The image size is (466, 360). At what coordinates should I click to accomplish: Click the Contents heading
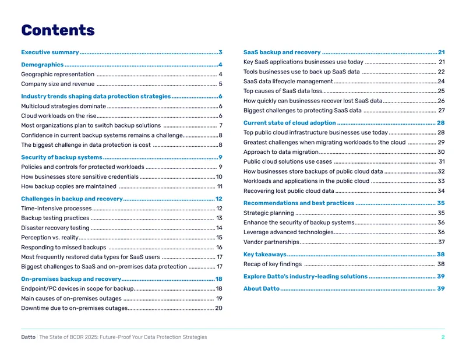[58, 30]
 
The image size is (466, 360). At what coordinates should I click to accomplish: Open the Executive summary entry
[50, 52]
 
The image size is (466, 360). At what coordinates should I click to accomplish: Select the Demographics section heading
[42, 65]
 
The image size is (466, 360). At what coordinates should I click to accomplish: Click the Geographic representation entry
[58, 75]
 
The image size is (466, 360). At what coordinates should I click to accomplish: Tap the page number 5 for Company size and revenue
[221, 84]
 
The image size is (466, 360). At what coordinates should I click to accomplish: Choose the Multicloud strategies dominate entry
[63, 106]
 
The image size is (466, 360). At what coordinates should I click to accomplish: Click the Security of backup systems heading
[62, 157]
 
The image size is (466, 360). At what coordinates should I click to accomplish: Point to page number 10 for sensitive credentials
[219, 177]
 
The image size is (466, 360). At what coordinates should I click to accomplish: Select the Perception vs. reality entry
[50, 238]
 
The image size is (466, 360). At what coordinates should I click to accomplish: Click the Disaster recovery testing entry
[55, 228]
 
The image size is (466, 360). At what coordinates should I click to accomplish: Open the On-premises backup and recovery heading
[71, 279]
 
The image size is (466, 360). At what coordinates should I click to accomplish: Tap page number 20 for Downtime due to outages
[219, 308]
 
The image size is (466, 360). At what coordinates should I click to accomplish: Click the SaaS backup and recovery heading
[282, 52]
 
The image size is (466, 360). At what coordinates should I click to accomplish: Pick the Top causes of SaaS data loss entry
[283, 91]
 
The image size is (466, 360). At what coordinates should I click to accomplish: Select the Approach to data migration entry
[281, 152]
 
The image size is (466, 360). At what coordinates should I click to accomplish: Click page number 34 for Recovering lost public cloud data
[441, 191]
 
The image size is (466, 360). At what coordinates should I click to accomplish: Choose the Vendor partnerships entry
[271, 242]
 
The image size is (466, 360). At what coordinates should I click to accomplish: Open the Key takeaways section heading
[265, 255]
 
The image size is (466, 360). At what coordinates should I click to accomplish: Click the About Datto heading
[262, 289]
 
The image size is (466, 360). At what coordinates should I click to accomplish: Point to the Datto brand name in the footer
[28, 337]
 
